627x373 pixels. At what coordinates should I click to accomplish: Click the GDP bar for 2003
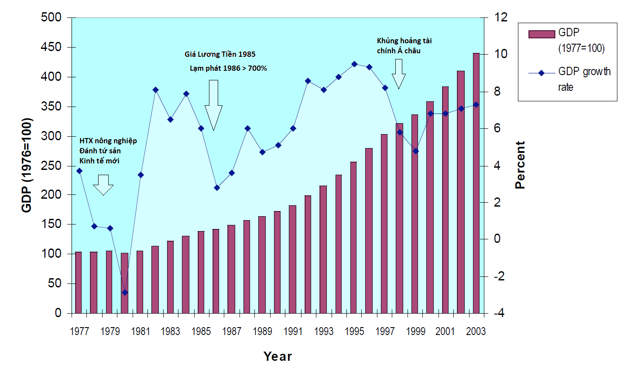476,183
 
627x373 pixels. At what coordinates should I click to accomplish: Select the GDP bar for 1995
353,238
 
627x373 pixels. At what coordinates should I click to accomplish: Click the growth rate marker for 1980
125,293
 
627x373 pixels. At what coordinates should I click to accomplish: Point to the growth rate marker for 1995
354,64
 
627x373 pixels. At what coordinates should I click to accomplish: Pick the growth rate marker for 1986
217,188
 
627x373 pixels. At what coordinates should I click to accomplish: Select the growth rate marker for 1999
415,151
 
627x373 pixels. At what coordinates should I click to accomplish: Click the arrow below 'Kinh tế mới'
103,184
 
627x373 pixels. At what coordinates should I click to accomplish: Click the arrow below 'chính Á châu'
398,74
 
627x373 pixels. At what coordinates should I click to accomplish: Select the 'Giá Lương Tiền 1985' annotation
220,55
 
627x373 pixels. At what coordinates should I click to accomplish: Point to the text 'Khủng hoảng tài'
404,41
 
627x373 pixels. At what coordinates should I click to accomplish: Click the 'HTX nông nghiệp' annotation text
108,141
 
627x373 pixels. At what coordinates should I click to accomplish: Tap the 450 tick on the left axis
51,47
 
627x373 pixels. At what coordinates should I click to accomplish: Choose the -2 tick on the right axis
499,276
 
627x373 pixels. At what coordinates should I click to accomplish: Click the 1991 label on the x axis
293,332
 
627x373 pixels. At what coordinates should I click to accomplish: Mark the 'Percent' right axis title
520,165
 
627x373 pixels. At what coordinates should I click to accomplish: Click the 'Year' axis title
278,356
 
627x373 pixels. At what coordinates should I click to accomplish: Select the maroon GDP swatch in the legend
541,34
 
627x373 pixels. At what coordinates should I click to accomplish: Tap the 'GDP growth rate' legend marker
541,73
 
